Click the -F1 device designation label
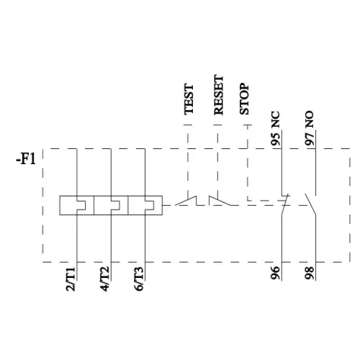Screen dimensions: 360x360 point(26,159)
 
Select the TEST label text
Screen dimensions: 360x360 point(189,99)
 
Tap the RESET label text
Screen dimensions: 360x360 point(219,95)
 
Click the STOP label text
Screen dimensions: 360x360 point(244,99)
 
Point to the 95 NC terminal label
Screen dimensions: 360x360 point(275,128)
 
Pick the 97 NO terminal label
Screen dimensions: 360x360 point(310,128)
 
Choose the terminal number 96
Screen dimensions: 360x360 point(275,273)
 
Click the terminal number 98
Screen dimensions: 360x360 point(310,273)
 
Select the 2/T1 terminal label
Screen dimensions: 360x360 point(71,279)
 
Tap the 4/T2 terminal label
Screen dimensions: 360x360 point(105,279)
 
